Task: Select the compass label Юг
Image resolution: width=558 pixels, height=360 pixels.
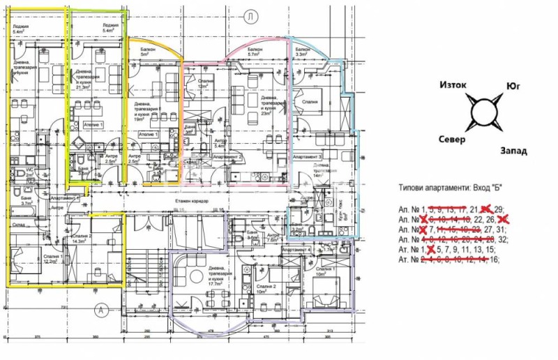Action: pyautogui.click(x=512, y=88)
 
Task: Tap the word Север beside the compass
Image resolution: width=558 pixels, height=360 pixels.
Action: pyautogui.click(x=451, y=139)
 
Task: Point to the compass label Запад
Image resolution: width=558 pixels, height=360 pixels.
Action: pyautogui.click(x=513, y=151)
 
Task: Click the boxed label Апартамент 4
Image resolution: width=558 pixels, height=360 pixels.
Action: pyautogui.click(x=297, y=248)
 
